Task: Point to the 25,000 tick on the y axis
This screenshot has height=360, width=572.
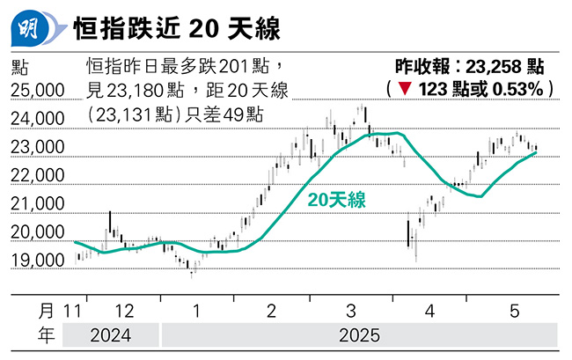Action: point(38,90)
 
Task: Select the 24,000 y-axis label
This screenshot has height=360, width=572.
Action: point(38,119)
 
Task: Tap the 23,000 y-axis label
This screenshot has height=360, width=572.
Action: point(38,147)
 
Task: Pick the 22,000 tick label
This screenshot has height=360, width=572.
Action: point(38,175)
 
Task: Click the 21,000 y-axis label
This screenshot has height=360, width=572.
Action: point(38,204)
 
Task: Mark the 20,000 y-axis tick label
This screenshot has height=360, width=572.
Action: point(38,232)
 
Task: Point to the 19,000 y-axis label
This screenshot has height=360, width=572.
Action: point(38,261)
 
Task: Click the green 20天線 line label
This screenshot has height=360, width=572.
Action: point(336,201)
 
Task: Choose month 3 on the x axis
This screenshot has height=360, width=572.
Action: point(351,311)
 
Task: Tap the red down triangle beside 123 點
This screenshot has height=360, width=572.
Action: point(404,89)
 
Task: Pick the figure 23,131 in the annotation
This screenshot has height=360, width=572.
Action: point(124,114)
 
